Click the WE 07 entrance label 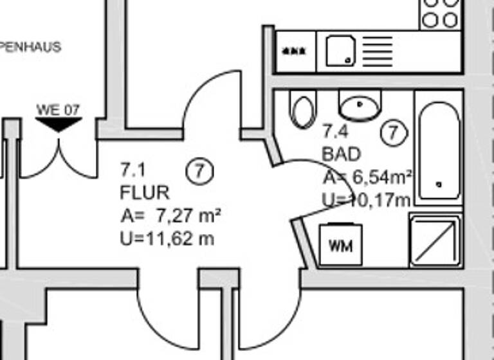click(x=58, y=110)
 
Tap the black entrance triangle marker click(x=59, y=125)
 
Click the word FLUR click(x=145, y=193)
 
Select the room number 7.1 click(x=133, y=170)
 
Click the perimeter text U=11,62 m click(x=167, y=239)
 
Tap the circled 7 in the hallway click(x=199, y=172)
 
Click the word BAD click(x=342, y=155)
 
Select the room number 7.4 click(x=335, y=133)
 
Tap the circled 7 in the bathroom click(x=394, y=133)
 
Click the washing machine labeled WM click(x=341, y=246)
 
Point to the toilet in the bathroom click(x=302, y=109)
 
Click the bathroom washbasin click(x=360, y=105)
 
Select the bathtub click(x=439, y=151)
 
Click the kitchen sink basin click(x=341, y=51)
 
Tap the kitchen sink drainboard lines click(x=378, y=50)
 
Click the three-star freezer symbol click(x=297, y=51)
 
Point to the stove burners click(x=441, y=13)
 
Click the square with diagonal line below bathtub click(x=436, y=241)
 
